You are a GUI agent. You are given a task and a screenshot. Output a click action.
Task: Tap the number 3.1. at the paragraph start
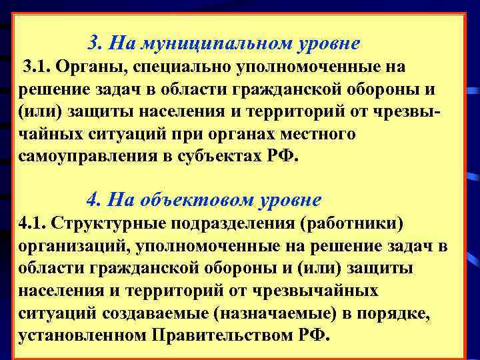click(38, 67)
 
